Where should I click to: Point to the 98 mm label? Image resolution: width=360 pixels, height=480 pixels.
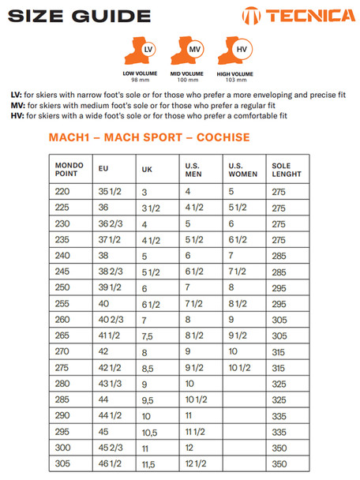[141, 80]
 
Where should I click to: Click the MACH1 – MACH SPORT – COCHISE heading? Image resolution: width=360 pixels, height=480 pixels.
[149, 138]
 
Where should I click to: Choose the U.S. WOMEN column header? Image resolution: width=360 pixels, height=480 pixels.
[243, 169]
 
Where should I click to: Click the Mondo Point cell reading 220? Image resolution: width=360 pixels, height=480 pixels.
[63, 192]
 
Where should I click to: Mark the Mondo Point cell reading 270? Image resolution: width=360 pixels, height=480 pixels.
[63, 351]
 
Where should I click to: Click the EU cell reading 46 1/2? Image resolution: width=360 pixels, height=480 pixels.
[110, 463]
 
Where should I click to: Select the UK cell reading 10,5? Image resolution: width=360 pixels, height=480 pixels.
[149, 432]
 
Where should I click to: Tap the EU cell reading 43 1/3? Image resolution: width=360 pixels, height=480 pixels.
[110, 384]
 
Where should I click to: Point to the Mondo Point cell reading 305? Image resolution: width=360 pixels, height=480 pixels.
[63, 463]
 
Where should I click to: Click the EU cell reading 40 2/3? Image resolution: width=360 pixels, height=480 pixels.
[110, 320]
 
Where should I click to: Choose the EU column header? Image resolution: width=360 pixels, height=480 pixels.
[103, 169]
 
